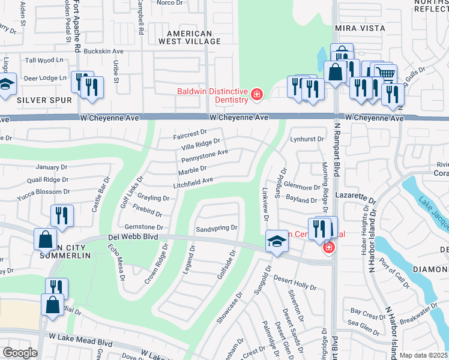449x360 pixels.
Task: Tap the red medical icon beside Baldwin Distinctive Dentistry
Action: pyautogui.click(x=257, y=95)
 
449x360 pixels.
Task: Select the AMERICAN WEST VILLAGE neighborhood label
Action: pyautogui.click(x=189, y=37)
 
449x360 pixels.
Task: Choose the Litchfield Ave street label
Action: pyautogui.click(x=193, y=181)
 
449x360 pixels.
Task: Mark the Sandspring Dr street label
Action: pyautogui.click(x=217, y=229)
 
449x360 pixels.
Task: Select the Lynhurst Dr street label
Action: pyautogui.click(x=303, y=139)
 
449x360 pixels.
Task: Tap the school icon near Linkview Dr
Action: pyautogui.click(x=277, y=241)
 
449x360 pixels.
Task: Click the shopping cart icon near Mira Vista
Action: pyautogui.click(x=385, y=73)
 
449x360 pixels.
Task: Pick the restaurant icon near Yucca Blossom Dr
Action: pyautogui.click(x=62, y=215)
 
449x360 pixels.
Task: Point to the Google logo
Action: pyautogui.click(x=20, y=352)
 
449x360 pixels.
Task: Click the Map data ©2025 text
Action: pyautogui.click(x=424, y=355)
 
